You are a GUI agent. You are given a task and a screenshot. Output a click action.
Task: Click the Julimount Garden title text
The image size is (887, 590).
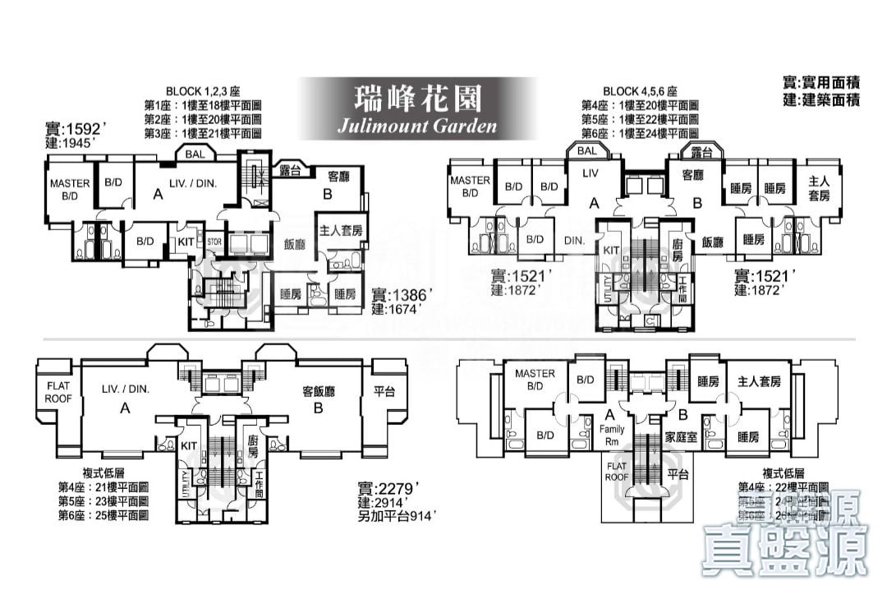pyautogui.click(x=417, y=126)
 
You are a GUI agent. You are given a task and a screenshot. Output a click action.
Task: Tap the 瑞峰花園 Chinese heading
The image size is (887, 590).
pyautogui.click(x=417, y=98)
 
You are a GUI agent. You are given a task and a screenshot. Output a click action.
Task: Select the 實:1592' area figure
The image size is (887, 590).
pyautogui.click(x=76, y=128)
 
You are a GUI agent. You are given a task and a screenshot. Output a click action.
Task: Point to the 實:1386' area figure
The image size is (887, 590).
pyautogui.click(x=402, y=294)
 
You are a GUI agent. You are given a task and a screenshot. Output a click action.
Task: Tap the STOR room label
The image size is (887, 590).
pyautogui.click(x=214, y=242)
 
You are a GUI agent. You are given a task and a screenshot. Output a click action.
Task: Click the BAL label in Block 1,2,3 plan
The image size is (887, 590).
pyautogui.click(x=195, y=154)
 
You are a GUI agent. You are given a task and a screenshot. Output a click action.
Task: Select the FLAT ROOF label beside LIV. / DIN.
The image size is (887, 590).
pyautogui.click(x=58, y=392)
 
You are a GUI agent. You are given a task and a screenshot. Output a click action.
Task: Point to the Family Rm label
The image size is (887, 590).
pyautogui.click(x=612, y=435)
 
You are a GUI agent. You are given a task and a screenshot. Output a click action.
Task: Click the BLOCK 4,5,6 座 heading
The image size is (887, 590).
pyautogui.click(x=640, y=91)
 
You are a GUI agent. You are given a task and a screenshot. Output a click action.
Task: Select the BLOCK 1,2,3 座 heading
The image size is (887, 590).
pyautogui.click(x=202, y=91)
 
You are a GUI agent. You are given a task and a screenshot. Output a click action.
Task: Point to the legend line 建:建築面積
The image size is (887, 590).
pyautogui.click(x=821, y=100)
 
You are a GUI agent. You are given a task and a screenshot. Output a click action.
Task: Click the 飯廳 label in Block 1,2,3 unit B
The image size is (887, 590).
pyautogui.click(x=296, y=243)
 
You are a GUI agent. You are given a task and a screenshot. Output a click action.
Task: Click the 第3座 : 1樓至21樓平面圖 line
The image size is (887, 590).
pyautogui.click(x=202, y=133)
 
